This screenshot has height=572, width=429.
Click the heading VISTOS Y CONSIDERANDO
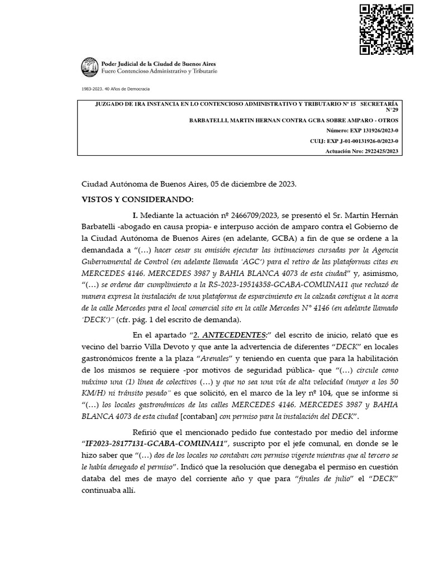coord(137,199)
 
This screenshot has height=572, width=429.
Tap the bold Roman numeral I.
coord(135,216)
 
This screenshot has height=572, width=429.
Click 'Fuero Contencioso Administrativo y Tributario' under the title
coord(159,71)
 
